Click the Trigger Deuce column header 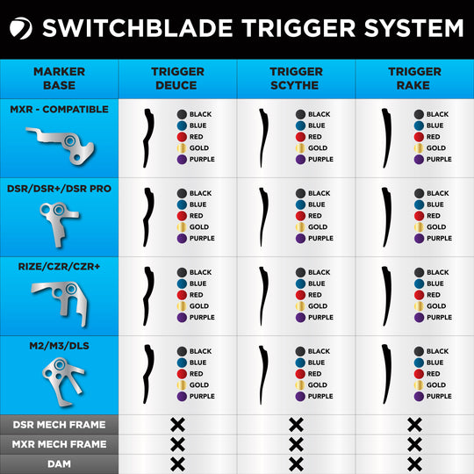[x=177, y=79]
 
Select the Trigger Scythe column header [x=296, y=79]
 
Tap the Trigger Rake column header [x=414, y=79]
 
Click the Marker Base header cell [x=59, y=79]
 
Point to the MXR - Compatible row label [x=59, y=110]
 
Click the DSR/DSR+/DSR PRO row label [x=59, y=189]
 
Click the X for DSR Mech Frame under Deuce [x=177, y=425]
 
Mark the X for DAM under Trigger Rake [x=414, y=463]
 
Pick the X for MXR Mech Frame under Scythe [x=296, y=444]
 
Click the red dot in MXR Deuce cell [x=182, y=137]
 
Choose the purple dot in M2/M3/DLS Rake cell [x=419, y=396]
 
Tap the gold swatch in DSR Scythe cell [x=300, y=227]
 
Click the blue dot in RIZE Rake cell [x=419, y=284]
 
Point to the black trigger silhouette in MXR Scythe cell [x=263, y=137]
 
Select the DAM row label [x=59, y=463]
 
